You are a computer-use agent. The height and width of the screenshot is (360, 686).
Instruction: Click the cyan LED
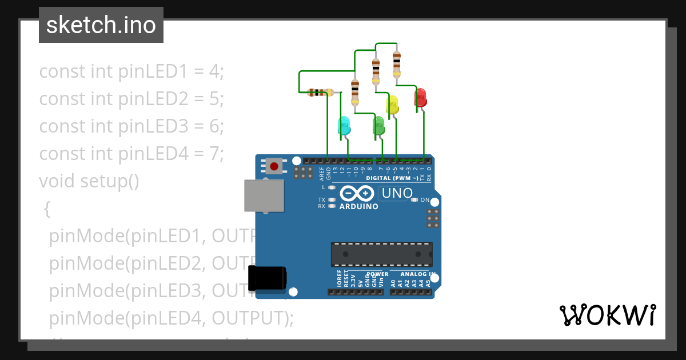(x=344, y=126)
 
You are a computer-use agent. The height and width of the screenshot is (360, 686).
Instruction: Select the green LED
(x=378, y=126)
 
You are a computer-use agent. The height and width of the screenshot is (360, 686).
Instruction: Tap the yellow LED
(x=392, y=105)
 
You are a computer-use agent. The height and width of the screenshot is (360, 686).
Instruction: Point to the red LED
(x=421, y=97)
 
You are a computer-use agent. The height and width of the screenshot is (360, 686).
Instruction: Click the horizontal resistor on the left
(x=320, y=92)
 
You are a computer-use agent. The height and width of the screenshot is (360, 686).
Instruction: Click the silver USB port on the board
(x=263, y=195)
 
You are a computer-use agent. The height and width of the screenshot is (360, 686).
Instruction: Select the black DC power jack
(x=267, y=278)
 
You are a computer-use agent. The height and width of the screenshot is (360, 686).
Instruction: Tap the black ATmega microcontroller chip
(x=381, y=254)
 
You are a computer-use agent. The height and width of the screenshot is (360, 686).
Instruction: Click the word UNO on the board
(x=397, y=194)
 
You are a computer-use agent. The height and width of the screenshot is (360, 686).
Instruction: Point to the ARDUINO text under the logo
(x=358, y=206)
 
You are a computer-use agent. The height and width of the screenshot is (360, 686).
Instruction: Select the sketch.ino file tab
(x=101, y=25)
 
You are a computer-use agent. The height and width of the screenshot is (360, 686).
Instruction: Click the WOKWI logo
(x=607, y=315)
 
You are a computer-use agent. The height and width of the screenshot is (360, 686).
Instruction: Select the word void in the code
(x=57, y=181)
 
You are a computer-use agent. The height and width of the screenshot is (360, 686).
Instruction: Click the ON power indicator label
(x=425, y=200)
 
